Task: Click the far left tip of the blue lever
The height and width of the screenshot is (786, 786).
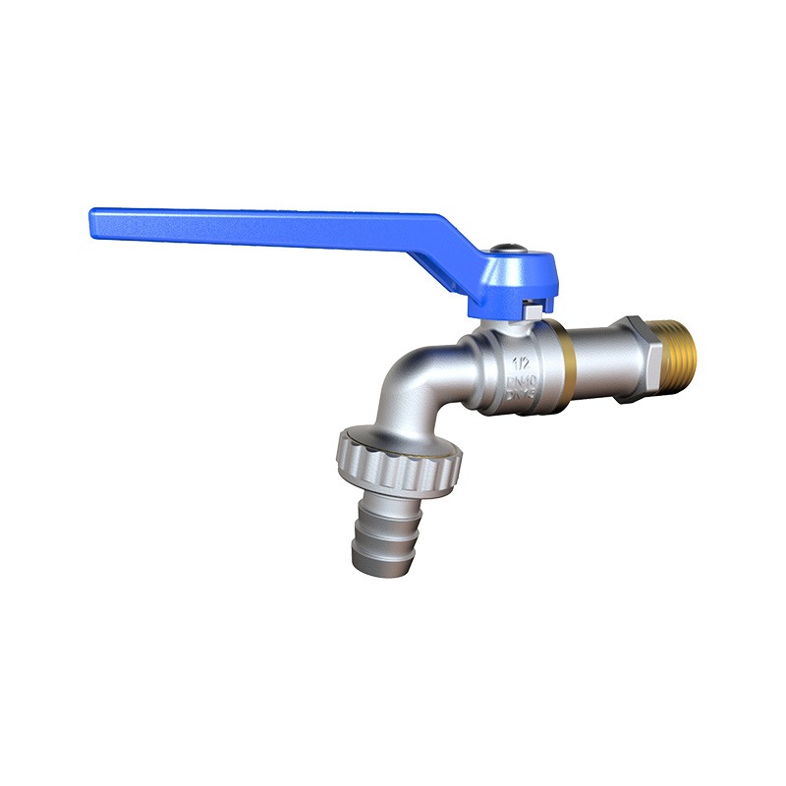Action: (x=93, y=215)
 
